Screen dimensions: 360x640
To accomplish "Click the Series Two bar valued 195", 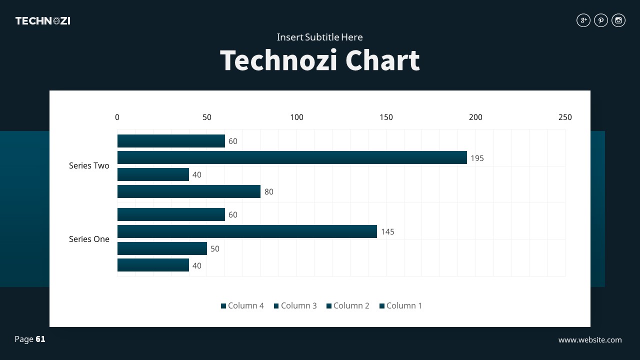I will (292, 157).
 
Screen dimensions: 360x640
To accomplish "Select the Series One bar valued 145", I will (247, 231).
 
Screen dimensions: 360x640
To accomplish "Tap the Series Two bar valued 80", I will (189, 191).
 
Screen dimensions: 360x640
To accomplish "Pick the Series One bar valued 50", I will (162, 248).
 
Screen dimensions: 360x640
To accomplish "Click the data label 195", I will (477, 158).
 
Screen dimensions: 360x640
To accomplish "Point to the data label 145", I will (387, 232).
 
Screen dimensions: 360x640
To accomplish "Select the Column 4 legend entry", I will (242, 305).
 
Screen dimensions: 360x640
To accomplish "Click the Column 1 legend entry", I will (400, 305).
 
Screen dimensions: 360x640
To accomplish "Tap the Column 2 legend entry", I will (348, 305).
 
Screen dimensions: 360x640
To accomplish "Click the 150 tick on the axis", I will (386, 117).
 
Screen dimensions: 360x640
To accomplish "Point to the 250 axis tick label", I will (565, 117).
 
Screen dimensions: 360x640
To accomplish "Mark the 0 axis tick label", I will (117, 117).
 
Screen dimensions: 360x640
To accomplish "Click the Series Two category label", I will (89, 166).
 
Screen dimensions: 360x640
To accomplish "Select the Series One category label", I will (89, 239).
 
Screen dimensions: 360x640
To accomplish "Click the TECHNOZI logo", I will (42, 21).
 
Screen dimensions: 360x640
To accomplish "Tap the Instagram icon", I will (618, 20).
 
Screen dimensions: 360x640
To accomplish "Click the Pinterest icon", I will (601, 20).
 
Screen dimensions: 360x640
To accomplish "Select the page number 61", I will (40, 339).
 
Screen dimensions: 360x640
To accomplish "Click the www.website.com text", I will (590, 340).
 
